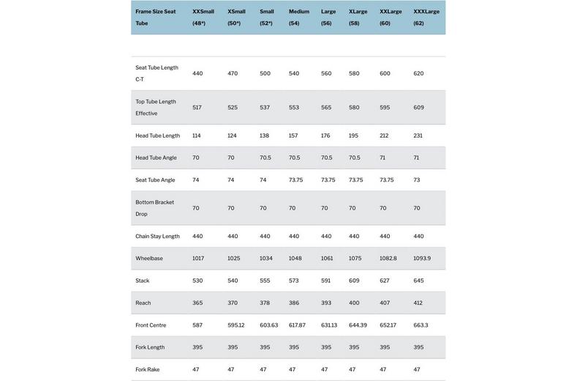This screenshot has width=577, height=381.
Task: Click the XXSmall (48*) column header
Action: click(203, 18)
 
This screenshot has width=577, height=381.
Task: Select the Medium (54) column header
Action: click(298, 18)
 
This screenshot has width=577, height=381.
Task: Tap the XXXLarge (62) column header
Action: click(426, 18)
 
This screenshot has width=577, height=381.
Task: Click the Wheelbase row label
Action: click(149, 259)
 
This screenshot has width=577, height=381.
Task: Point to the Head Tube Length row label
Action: click(157, 136)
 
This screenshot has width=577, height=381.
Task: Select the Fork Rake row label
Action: click(147, 370)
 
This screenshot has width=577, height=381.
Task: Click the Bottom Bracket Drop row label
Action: click(154, 208)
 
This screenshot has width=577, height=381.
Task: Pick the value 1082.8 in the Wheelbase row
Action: click(388, 259)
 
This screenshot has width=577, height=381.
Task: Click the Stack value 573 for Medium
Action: click(294, 281)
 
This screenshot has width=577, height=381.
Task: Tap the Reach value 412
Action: click(418, 303)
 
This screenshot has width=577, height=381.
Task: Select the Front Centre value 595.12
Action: click(236, 325)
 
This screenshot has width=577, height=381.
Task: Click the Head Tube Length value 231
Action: click(418, 136)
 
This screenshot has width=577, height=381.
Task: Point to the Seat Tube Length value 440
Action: click(197, 73)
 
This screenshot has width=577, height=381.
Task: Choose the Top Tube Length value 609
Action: click(418, 108)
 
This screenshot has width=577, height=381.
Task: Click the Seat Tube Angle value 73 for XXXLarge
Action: click(417, 180)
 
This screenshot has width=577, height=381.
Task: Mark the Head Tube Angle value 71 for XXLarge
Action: click(383, 158)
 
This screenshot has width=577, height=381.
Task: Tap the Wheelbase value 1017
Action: click(199, 259)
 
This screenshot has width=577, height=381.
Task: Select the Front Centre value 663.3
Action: click(421, 325)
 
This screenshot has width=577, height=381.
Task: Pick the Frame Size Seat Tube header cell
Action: click(155, 18)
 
